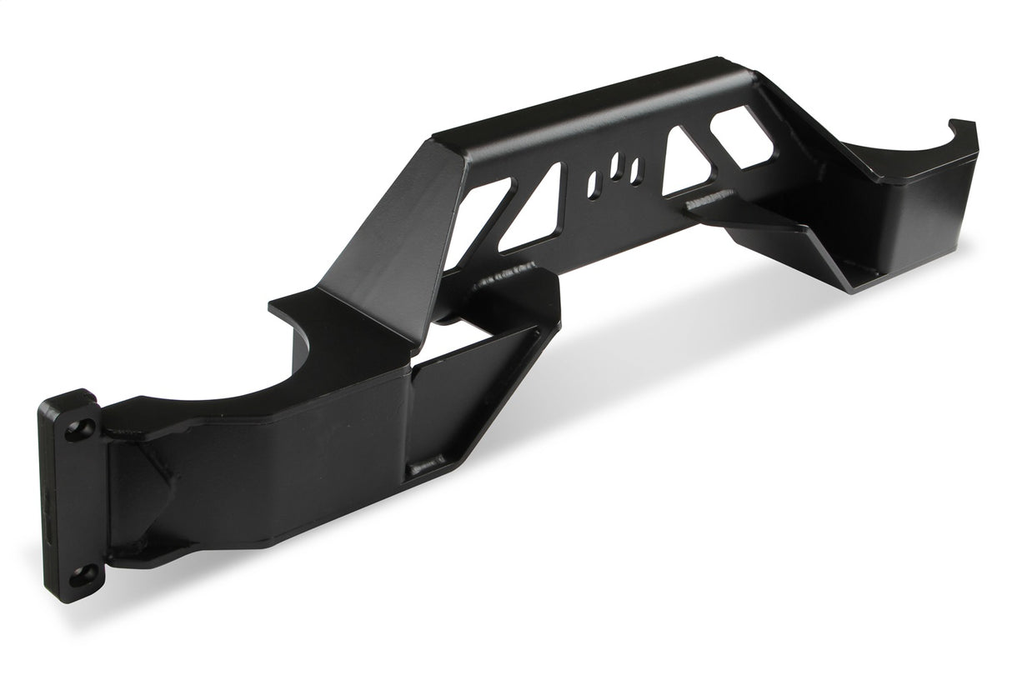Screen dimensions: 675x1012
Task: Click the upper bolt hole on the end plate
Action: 79,428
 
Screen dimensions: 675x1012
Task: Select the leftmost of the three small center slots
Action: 594,185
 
